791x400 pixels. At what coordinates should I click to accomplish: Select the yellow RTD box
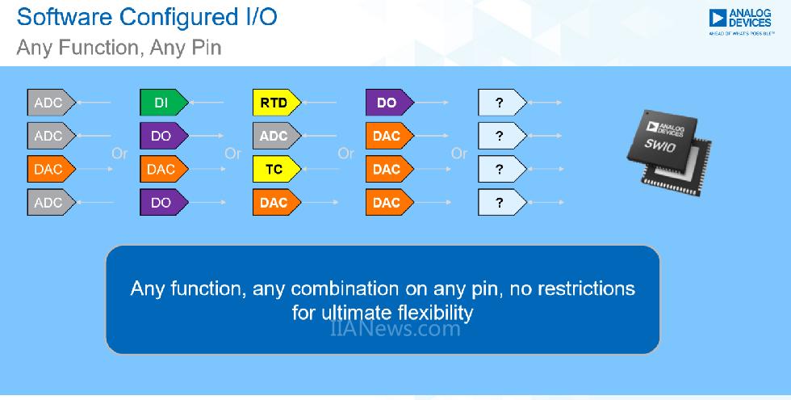point(274,103)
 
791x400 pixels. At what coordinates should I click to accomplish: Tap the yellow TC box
point(274,170)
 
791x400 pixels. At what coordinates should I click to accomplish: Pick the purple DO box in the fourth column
point(388,103)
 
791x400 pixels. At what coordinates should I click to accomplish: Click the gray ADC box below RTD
point(274,136)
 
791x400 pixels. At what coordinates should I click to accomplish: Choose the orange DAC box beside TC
point(388,170)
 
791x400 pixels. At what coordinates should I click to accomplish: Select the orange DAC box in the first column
point(50,170)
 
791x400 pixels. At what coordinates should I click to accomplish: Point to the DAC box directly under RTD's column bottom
point(274,203)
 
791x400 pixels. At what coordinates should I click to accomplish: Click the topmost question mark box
point(500,103)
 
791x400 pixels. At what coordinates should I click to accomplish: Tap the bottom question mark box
point(500,203)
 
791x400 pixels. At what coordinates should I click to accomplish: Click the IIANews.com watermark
point(395,329)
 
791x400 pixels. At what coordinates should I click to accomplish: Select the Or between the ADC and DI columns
point(119,153)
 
